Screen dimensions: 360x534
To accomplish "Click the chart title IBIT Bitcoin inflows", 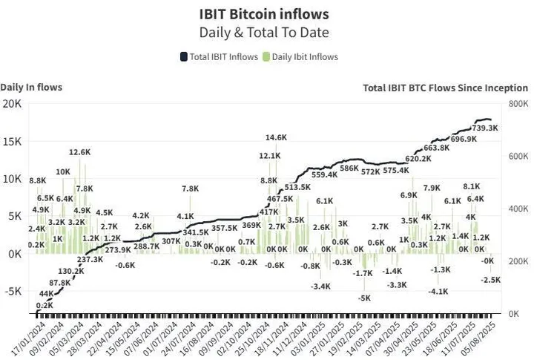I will [x=264, y=14].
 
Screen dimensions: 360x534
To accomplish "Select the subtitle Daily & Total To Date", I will [x=264, y=33].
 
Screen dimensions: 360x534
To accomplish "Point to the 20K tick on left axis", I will [x=12, y=103].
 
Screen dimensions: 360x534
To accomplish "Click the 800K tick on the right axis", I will [x=518, y=104].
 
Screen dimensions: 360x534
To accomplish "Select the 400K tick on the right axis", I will [x=518, y=209].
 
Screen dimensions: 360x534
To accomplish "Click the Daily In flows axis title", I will [x=31, y=87].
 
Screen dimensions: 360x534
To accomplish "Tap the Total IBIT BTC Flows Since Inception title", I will [x=445, y=88].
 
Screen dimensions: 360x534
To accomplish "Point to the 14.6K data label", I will [x=276, y=137].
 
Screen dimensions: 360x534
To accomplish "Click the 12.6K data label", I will [x=79, y=152].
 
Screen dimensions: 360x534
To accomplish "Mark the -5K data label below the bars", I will [x=364, y=298].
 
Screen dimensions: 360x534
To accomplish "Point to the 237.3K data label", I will [x=90, y=259].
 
